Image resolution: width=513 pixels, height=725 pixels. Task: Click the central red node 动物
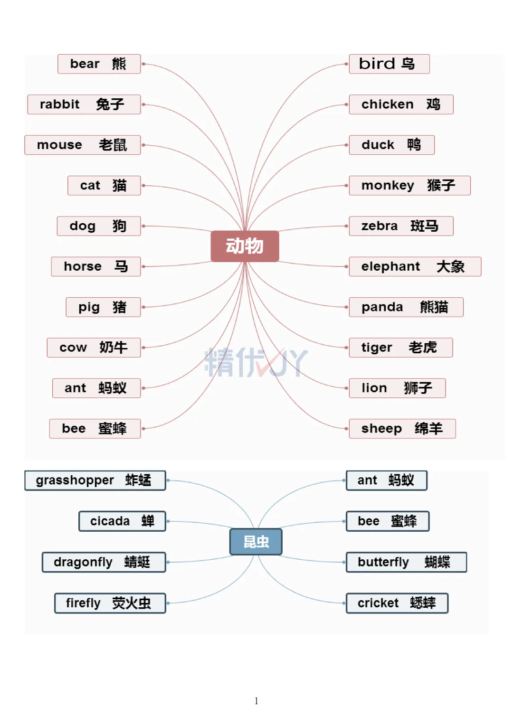245,246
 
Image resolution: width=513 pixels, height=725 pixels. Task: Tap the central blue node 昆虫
256,542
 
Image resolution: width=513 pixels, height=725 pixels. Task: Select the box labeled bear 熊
99,64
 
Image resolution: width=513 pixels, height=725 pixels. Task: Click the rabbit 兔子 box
84,104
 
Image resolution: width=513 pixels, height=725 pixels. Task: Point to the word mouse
59,145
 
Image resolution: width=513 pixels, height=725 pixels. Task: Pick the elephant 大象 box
415,266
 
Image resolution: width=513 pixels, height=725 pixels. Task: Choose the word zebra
379,226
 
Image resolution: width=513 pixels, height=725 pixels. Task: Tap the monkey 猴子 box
409,185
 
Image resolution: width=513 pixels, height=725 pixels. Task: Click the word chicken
387,104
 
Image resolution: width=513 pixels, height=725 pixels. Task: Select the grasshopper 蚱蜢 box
95,480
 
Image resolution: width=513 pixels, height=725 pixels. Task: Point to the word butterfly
383,562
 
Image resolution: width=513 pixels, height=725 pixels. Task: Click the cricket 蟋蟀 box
397,603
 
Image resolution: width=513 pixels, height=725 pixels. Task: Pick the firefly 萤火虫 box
110,603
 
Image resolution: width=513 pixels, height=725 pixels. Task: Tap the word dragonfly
83,562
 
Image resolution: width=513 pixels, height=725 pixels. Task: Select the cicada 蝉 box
122,521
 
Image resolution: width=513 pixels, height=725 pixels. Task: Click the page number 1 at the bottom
256,701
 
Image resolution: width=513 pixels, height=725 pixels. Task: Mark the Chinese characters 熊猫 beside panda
434,307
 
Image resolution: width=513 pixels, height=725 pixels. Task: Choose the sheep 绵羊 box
402,429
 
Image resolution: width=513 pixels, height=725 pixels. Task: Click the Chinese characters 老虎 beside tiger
422,348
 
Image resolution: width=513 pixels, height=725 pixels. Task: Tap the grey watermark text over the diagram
256,362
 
